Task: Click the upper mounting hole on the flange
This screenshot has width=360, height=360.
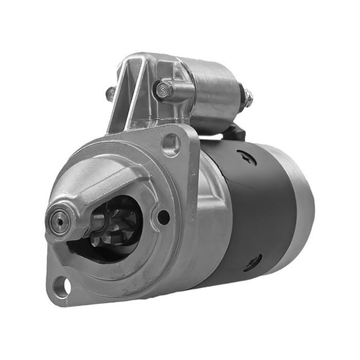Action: pos(171,143)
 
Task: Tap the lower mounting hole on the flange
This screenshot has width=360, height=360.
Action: pos(61,285)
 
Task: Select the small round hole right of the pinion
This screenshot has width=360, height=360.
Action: pos(163,217)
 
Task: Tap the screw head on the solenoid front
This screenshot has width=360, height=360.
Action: pos(163,91)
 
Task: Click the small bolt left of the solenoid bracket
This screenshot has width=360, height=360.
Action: pos(110,94)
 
